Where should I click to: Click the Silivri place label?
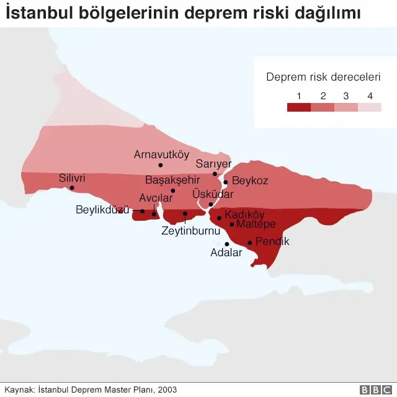point(71,178)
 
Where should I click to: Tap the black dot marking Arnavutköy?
point(160,165)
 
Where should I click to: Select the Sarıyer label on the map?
point(213,164)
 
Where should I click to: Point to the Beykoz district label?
point(249,181)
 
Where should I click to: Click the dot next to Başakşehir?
point(172,190)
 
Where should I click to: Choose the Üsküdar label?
point(213,194)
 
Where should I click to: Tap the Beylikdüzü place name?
point(102,210)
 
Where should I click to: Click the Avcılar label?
point(156,198)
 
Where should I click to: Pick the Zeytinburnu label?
point(191,231)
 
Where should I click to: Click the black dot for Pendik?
point(249,243)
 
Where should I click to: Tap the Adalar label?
point(226,253)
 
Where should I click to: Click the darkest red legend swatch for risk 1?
point(299,107)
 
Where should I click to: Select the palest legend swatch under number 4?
point(370,107)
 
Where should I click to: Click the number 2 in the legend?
point(323,96)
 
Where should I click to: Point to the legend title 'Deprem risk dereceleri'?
point(323,78)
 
